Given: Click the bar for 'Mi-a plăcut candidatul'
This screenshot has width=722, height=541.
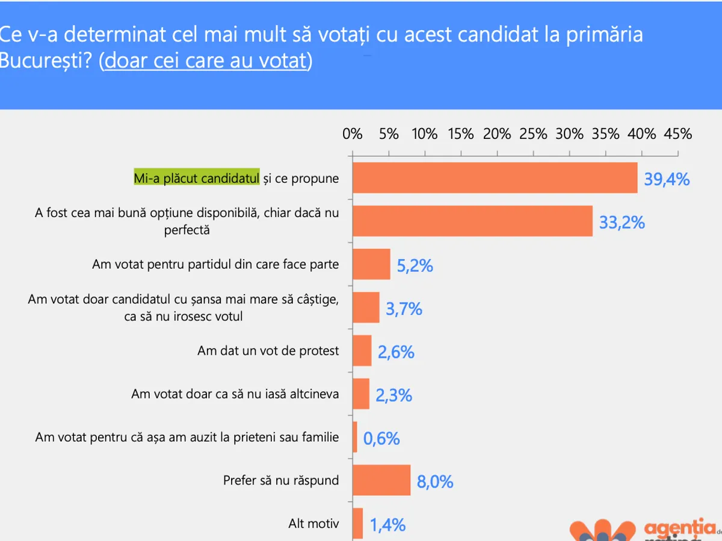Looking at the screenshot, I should coord(495,178).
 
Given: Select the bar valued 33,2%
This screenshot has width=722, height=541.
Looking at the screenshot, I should coord(472,221).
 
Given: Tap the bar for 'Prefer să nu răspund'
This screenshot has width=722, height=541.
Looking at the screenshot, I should coord(381,480).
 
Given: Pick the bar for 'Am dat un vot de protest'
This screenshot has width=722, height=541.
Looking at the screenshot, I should coord(362,350).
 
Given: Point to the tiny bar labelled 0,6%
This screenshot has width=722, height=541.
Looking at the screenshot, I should coord(355,437).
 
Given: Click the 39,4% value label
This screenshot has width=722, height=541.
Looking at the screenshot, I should coord(667,179).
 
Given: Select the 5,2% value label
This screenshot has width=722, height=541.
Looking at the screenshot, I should coord(415,265).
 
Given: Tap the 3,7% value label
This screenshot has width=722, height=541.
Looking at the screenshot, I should coord(404,309).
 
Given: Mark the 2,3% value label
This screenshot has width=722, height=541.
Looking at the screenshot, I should coord(393,395).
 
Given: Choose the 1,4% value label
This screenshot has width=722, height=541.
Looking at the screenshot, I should coord(387,525).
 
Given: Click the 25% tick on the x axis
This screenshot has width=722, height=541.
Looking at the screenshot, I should coord(534,134).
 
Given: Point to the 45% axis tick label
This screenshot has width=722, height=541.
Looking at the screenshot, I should coord(678,134).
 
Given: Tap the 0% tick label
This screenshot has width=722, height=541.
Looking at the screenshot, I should coord(353,134).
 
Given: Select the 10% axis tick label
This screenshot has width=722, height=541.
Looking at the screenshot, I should coord(425,134).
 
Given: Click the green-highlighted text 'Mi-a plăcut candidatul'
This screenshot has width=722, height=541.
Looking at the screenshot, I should coord(196,178).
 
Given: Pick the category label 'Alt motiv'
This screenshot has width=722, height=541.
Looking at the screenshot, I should coord(313,524).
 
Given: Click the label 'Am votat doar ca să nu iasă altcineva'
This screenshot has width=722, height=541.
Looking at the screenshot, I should coord(235,394).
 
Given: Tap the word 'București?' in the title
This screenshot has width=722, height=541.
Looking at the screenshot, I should coord(45,61).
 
